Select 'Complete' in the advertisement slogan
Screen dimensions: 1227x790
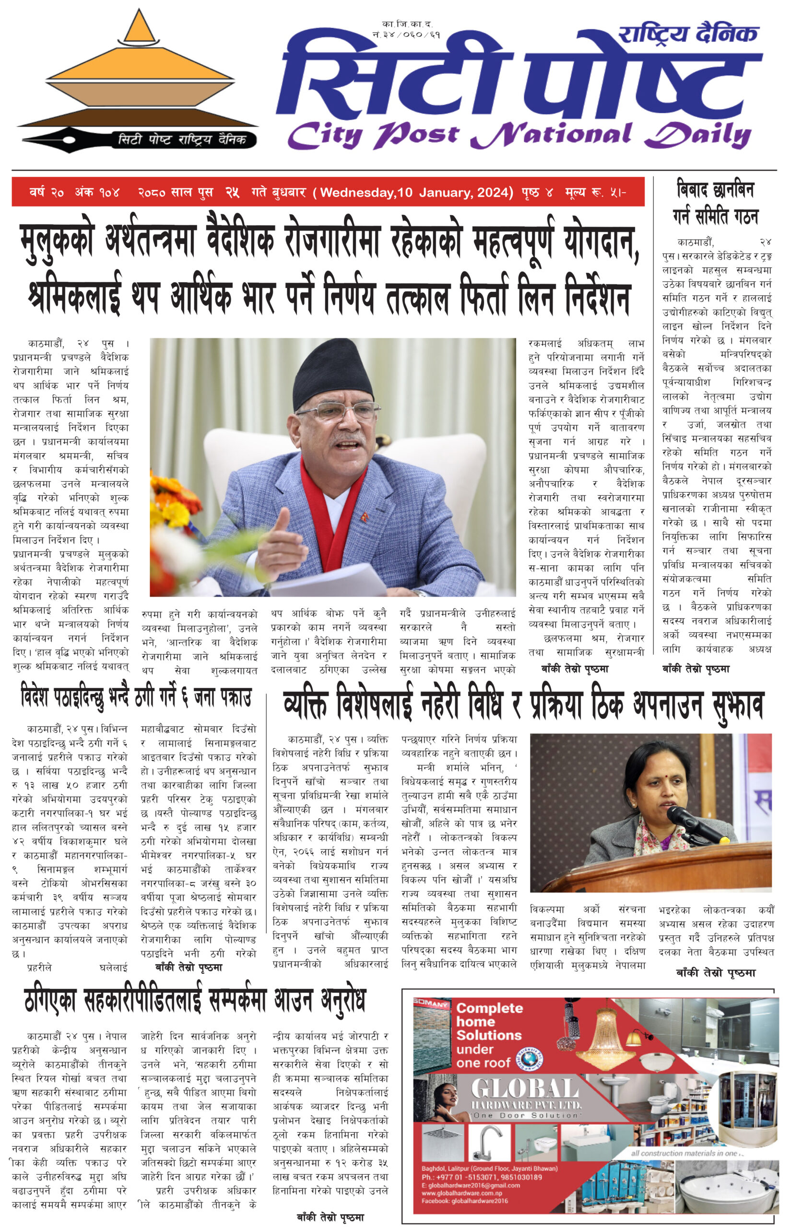click(x=489, y=1008)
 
